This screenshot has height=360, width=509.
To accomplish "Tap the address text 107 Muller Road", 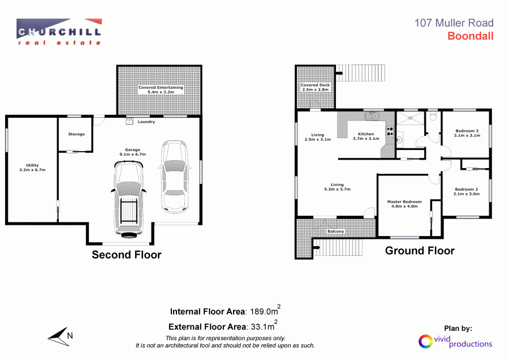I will [454, 23].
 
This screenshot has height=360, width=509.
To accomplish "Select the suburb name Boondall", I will [471, 36].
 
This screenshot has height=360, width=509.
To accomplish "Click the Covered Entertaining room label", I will [161, 89].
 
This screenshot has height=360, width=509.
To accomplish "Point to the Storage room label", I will [76, 134].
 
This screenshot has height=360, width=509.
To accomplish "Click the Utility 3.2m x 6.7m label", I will [32, 167].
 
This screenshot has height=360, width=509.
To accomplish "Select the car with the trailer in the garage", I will [128, 198].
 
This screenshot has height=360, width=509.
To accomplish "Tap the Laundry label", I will [146, 121].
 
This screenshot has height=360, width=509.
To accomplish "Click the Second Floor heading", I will [127, 255].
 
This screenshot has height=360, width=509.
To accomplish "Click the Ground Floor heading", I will [420, 251].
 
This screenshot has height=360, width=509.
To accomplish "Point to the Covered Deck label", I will [315, 87].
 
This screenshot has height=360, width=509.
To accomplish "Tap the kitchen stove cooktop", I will [390, 133].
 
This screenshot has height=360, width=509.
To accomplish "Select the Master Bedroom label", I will [404, 204].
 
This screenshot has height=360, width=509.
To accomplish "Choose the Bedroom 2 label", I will [466, 191].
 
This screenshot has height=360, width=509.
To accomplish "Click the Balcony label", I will [335, 232].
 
